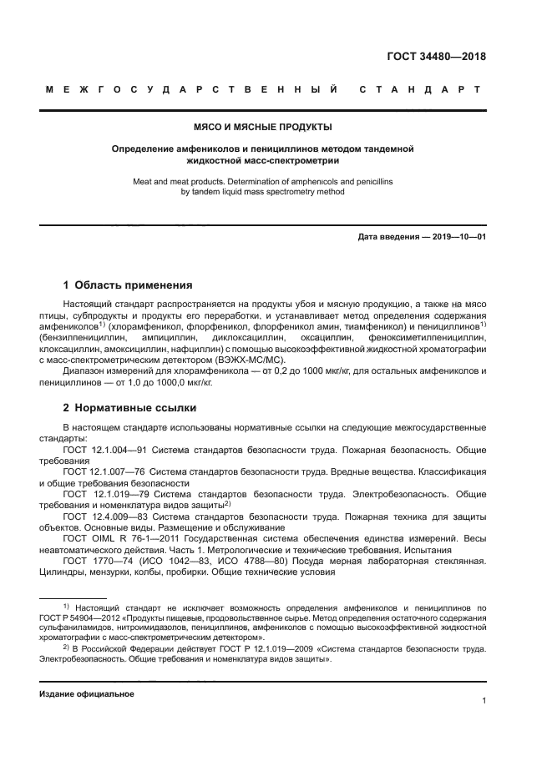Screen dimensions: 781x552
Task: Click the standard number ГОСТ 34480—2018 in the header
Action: click(x=437, y=58)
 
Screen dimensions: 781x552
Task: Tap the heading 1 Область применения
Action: click(x=129, y=285)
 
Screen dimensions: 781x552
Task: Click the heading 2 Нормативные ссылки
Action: click(x=130, y=409)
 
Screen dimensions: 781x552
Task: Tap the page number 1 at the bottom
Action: click(x=484, y=703)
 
